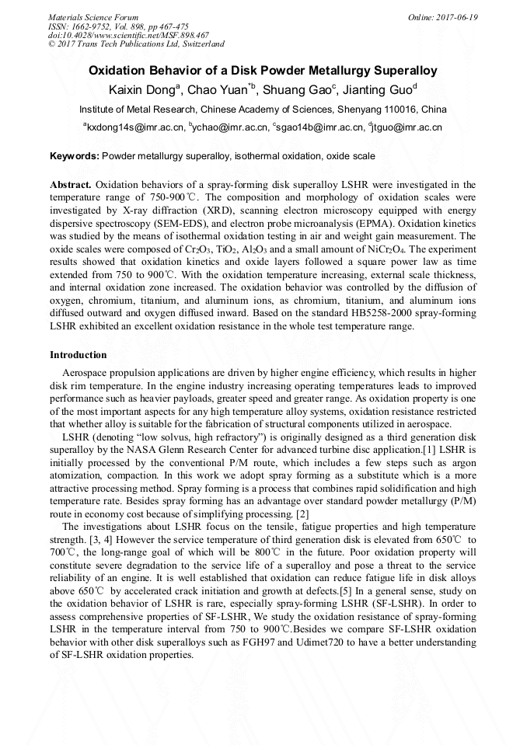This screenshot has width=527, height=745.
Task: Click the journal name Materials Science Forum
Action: coord(93,17)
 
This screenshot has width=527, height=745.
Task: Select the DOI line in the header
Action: coord(128,35)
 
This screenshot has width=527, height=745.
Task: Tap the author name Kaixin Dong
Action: coord(142,90)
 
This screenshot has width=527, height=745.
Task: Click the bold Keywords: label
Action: coord(75,156)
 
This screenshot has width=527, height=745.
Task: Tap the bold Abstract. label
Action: coord(71,185)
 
